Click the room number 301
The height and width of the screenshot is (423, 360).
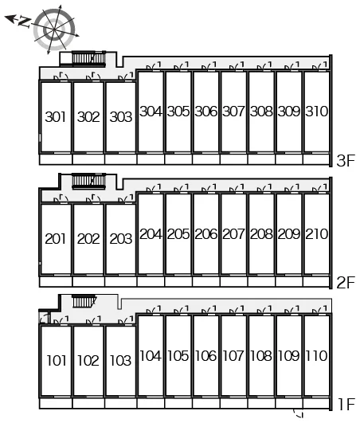[56, 117]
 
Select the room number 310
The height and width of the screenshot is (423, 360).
[316, 112]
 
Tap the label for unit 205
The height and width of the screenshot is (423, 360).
[178, 234]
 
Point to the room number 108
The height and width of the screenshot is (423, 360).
[261, 356]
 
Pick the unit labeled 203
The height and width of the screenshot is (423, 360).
[121, 239]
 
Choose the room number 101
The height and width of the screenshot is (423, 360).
[57, 361]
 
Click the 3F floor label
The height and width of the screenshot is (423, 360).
[346, 162]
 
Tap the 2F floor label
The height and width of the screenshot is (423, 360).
[346, 283]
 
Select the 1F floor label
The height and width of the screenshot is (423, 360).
[346, 405]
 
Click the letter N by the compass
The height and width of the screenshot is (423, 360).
[24, 22]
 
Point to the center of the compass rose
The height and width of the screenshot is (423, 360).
[54, 29]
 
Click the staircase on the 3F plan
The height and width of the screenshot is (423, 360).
[88, 58]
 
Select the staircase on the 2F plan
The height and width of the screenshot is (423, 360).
[88, 181]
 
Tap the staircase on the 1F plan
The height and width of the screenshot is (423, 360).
[84, 302]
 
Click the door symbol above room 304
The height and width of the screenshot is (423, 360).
[154, 66]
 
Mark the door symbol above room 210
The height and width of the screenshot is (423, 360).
[319, 188]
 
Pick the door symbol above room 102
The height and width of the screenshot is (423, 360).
[93, 320]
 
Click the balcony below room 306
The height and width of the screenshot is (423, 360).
[206, 159]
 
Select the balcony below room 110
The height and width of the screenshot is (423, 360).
[316, 404]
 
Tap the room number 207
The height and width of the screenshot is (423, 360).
[233, 234]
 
